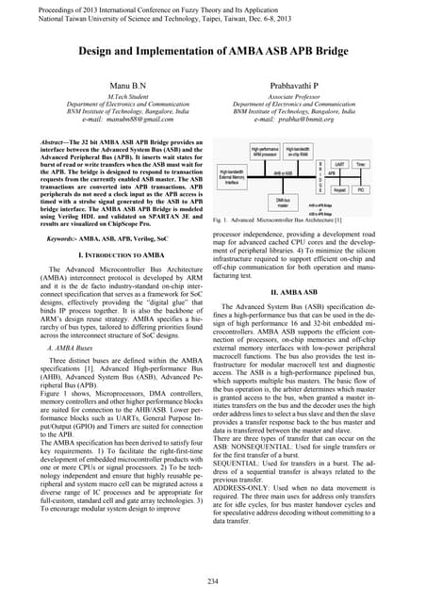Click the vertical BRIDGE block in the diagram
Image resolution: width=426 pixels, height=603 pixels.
pos(347,176)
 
